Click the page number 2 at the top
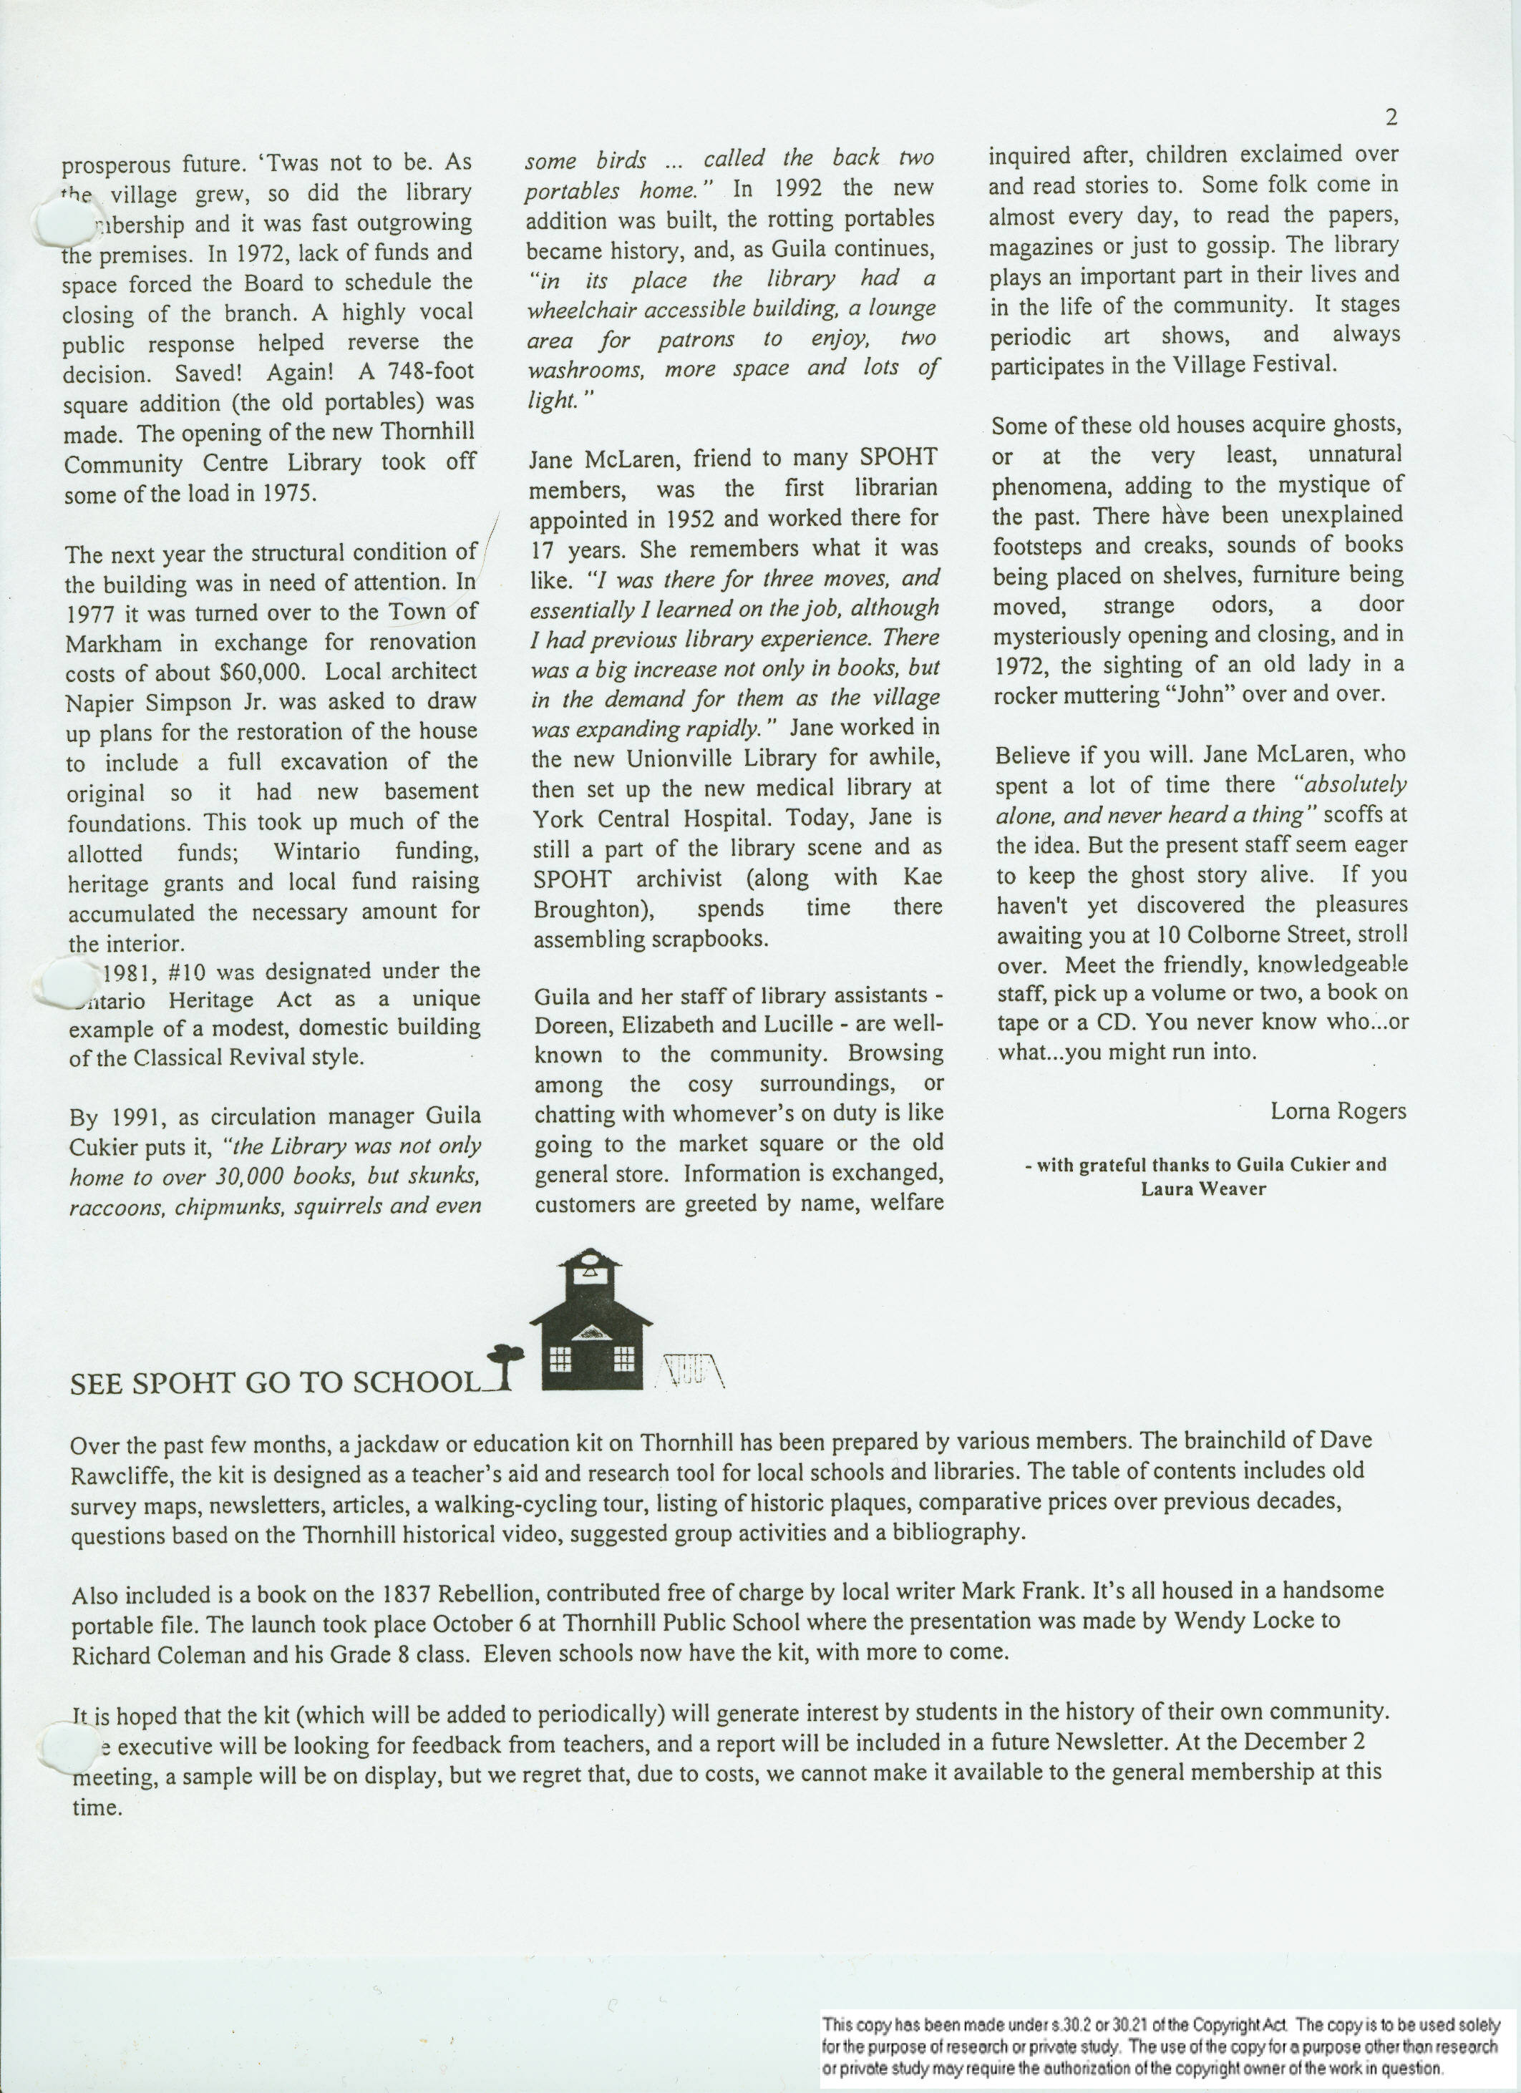[1391, 118]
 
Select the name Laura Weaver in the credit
[1202, 1189]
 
